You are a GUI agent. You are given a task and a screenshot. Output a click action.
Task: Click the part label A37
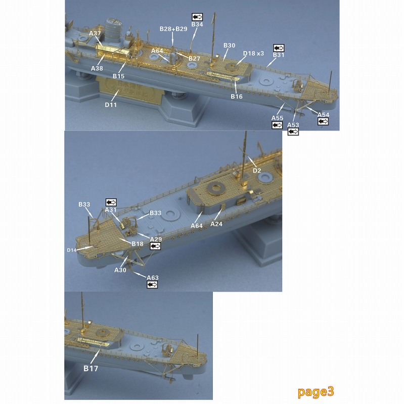[95, 33]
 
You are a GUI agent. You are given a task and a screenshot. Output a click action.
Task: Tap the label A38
[97, 68]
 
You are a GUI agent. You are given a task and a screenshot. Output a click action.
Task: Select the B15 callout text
[118, 76]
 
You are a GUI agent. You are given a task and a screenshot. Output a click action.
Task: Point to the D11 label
[111, 105]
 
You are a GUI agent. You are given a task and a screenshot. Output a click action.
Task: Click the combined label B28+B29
[173, 29]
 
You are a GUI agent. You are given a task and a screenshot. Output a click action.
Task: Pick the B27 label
[194, 59]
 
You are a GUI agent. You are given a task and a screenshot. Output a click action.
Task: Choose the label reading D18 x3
[253, 54]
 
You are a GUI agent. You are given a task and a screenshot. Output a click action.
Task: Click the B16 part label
[237, 96]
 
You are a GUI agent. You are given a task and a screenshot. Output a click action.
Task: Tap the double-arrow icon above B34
[197, 17]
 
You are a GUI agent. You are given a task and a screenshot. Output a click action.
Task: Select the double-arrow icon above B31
[279, 48]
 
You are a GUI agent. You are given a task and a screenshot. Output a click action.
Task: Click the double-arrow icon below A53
[293, 132]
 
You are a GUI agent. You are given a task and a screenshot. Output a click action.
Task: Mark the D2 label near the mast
[257, 171]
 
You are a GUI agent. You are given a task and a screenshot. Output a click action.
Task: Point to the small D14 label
[71, 250]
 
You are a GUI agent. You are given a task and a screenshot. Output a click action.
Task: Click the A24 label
[216, 224]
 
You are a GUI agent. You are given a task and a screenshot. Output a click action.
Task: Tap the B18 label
[137, 244]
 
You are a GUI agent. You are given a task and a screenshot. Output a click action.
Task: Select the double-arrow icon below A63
[152, 284]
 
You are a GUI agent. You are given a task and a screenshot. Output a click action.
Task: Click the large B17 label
[91, 369]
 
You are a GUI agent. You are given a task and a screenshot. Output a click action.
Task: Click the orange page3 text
[316, 392]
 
